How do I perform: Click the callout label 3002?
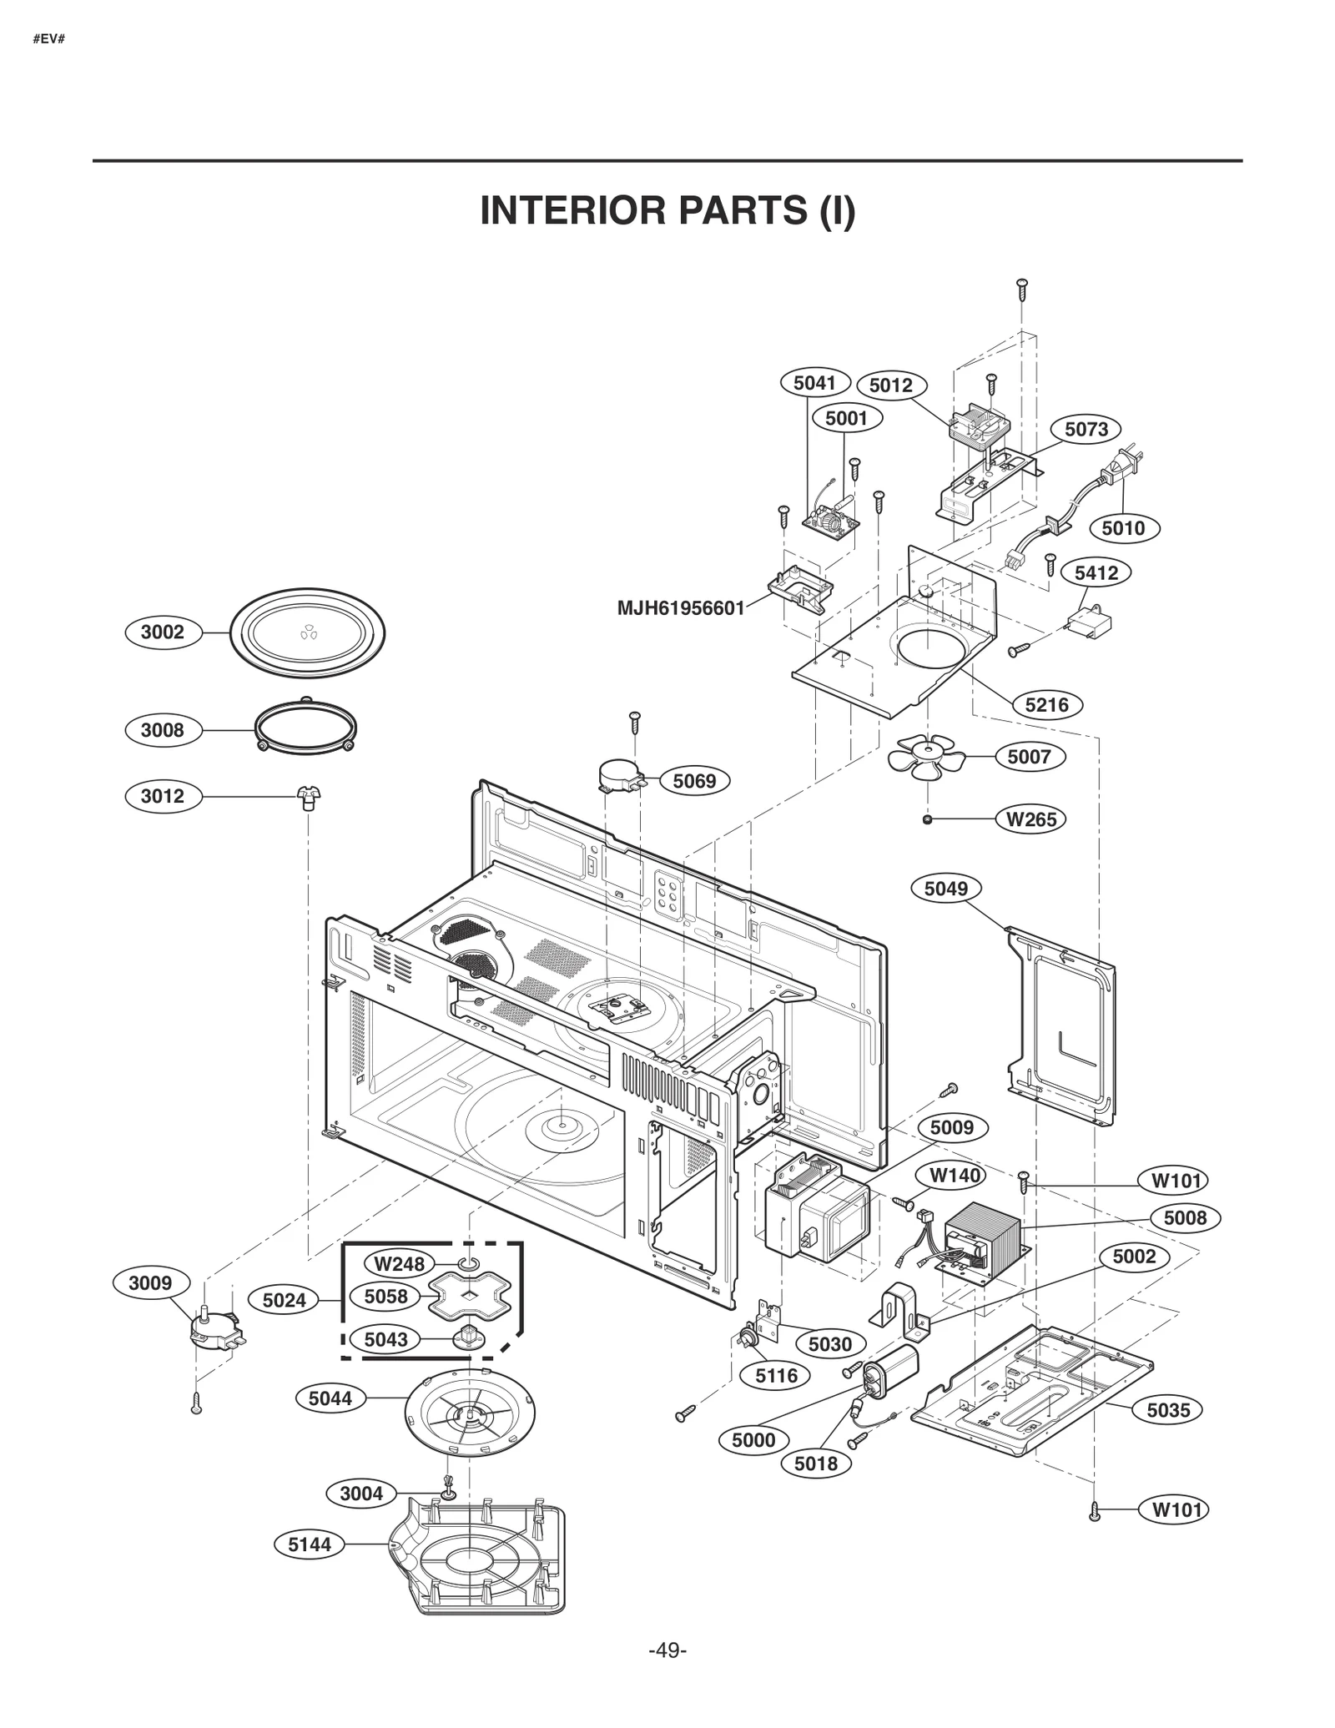pyautogui.click(x=162, y=632)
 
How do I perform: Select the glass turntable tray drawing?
pyautogui.click(x=307, y=632)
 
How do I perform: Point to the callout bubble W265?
pyautogui.click(x=1030, y=819)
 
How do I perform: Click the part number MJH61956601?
pyautogui.click(x=680, y=608)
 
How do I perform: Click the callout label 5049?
pyautogui.click(x=945, y=889)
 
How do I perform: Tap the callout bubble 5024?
pyautogui.click(x=284, y=1300)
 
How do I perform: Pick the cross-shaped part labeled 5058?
pyautogui.click(x=469, y=1296)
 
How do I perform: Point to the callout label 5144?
pyautogui.click(x=310, y=1544)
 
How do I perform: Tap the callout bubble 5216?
pyautogui.click(x=1046, y=705)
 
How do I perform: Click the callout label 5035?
pyautogui.click(x=1167, y=1410)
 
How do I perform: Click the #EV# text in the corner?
pyautogui.click(x=48, y=39)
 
